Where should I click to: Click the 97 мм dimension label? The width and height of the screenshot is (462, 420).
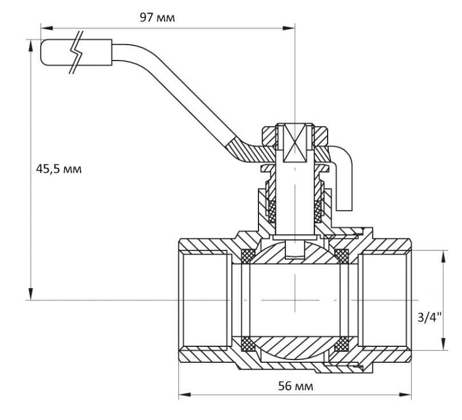(x=157, y=18)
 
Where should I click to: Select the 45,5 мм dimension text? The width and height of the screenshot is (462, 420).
(x=59, y=169)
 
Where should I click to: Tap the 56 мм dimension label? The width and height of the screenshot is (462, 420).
(x=296, y=386)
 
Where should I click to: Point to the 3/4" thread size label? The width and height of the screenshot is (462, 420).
(x=430, y=318)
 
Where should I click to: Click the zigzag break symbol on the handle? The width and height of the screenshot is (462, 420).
(x=77, y=52)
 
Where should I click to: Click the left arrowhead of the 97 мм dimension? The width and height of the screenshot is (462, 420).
(x=46, y=28)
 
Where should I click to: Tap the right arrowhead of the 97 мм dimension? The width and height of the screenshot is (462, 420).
(x=289, y=28)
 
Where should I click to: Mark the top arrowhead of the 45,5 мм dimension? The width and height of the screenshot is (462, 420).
(x=30, y=46)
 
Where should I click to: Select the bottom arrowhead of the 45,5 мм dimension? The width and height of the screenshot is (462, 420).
(x=30, y=294)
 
